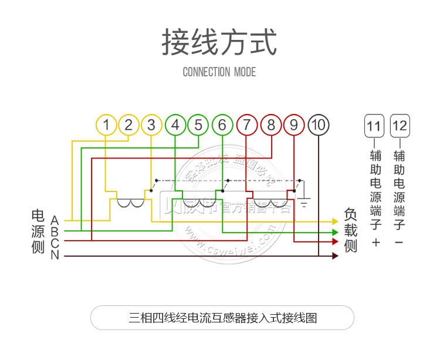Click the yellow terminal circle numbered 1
pos(106,125)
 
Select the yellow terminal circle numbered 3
pos(151,125)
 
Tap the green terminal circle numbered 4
pos(175,125)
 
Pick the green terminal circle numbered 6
pos(222,125)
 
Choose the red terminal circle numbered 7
pos(247,125)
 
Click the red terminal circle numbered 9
pos(294,125)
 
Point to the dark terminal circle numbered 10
pos(319,125)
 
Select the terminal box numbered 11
pos(374,126)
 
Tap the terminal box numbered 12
pos(400,126)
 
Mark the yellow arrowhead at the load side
pos(336,221)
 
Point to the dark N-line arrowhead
pos(336,256)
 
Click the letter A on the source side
pos(55,220)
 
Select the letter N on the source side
pos(55,255)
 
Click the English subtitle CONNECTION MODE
pos(219,72)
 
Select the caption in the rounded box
pos(222,318)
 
